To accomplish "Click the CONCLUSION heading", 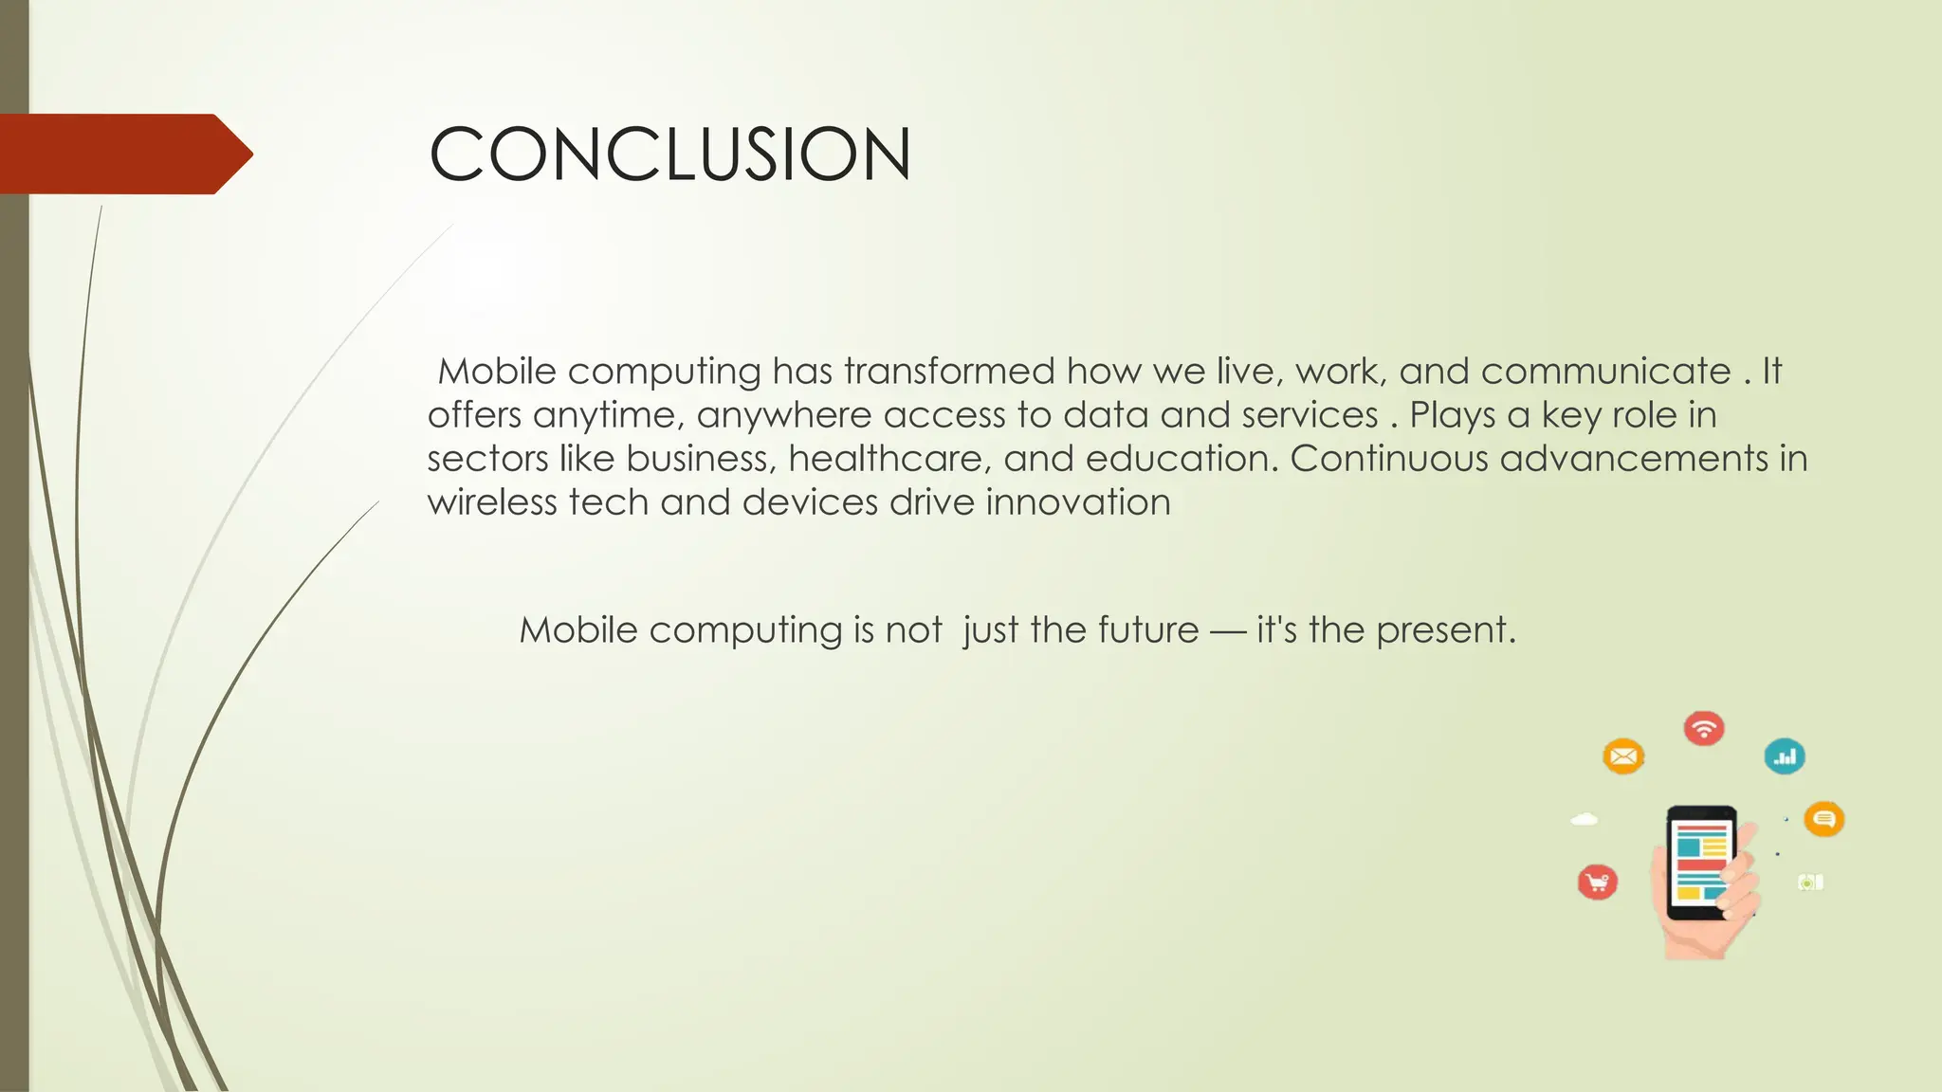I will [x=669, y=155].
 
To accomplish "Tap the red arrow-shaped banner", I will [x=123, y=155].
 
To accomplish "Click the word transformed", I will [x=948, y=371].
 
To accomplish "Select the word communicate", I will [x=1605, y=371].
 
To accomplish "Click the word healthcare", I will [x=889, y=459].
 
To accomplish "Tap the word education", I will [x=1177, y=459].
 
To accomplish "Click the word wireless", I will [x=491, y=502].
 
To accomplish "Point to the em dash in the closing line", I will [x=1227, y=631].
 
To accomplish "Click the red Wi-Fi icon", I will [x=1704, y=729].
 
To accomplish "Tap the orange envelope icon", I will [x=1623, y=756].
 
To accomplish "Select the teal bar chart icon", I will [x=1785, y=756].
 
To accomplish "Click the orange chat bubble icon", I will [x=1823, y=819].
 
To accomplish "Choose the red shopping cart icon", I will [x=1598, y=883].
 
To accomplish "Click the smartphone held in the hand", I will [x=1702, y=863].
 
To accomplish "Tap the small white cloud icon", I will [x=1585, y=819].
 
